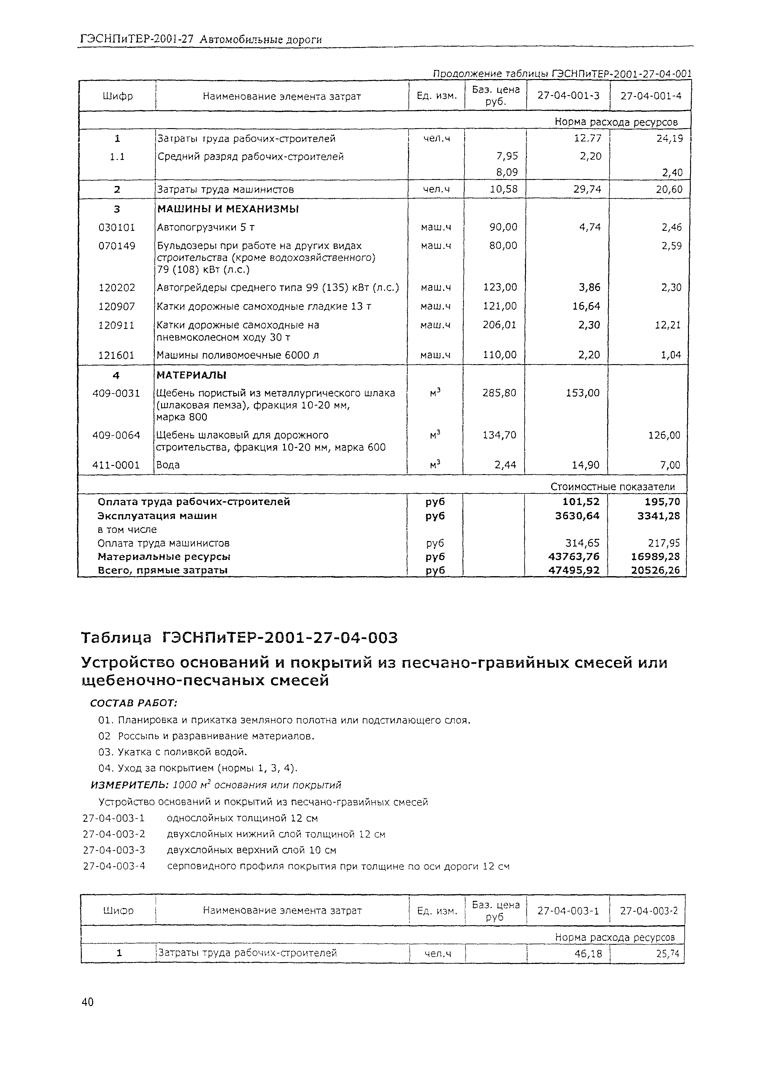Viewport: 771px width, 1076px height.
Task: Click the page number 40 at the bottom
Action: click(88, 1001)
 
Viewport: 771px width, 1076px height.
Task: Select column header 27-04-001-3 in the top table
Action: click(568, 96)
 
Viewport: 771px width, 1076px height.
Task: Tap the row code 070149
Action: click(117, 246)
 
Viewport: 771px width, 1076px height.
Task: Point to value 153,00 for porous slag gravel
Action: click(582, 393)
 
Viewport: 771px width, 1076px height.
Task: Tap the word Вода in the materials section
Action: click(168, 465)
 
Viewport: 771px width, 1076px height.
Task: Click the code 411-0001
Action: click(116, 465)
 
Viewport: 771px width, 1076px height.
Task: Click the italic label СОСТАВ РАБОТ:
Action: click(134, 702)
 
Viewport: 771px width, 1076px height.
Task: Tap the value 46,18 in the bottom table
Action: click(588, 953)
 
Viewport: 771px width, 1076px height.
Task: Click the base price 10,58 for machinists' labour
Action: click(504, 189)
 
